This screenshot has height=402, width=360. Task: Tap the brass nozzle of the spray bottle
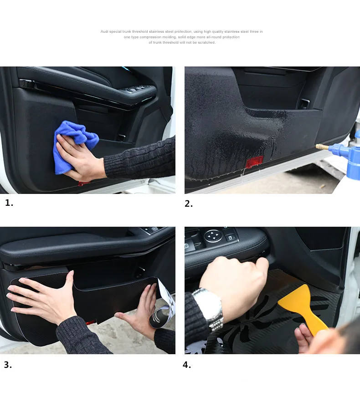(x=322, y=148)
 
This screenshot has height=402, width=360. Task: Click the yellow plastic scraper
(x=303, y=309)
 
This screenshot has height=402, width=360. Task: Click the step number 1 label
(x=9, y=203)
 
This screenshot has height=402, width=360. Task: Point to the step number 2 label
(x=189, y=204)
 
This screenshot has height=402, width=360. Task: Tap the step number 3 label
(x=8, y=365)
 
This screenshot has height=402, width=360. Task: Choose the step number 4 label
(x=187, y=365)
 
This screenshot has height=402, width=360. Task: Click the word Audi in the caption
(x=104, y=31)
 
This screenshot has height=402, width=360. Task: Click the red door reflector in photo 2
(x=255, y=162)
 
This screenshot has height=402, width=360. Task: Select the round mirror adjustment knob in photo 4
(x=213, y=236)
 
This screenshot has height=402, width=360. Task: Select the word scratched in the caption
(x=206, y=42)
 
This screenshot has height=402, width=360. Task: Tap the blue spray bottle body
(x=353, y=155)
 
